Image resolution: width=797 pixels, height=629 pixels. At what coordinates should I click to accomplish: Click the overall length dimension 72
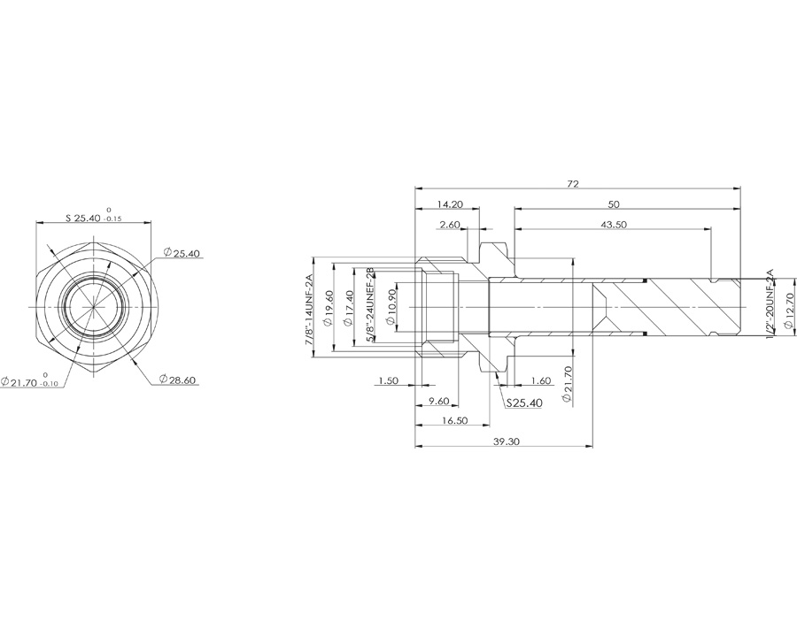point(573,184)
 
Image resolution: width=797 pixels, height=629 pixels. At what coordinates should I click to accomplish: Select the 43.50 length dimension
point(614,225)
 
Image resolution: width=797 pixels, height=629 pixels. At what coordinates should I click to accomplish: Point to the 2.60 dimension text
point(450,225)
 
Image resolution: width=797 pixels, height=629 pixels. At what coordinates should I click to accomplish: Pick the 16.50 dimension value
point(454,421)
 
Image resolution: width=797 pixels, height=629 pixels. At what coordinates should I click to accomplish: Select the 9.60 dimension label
point(439,402)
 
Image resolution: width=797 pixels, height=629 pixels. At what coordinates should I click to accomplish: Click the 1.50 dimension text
point(387,380)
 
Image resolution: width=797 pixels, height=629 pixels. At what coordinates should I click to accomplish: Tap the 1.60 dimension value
point(539,381)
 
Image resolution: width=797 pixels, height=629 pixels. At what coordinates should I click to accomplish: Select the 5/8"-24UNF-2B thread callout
point(370,311)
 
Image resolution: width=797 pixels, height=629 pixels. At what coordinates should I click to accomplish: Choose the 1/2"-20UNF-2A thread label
point(769,306)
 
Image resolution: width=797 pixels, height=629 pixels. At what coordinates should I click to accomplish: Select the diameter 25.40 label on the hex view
point(182,254)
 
